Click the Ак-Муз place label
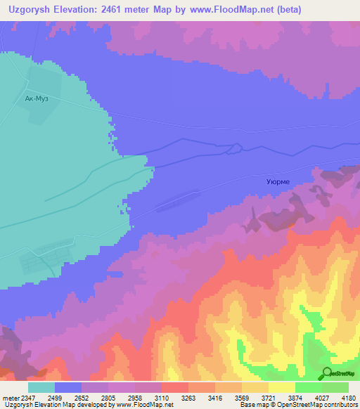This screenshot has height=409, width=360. pos(37,99)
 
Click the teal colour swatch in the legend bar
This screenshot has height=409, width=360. pos(41,387)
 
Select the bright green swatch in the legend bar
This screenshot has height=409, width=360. pos(309,387)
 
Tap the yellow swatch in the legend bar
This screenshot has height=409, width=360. pos(282,387)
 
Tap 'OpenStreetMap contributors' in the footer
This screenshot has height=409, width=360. pos(317,405)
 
